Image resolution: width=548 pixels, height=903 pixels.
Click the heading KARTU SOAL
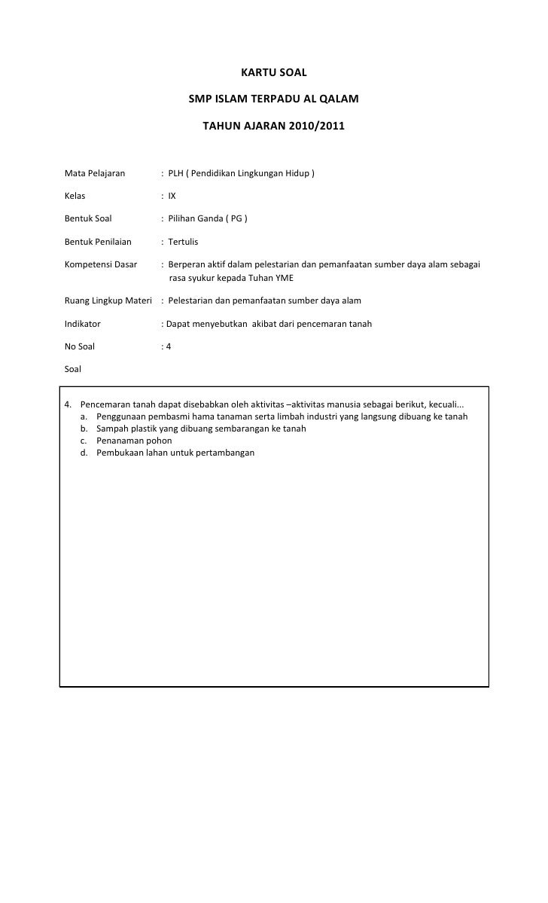pos(273,73)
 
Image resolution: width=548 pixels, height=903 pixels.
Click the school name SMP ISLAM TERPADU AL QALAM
pos(273,99)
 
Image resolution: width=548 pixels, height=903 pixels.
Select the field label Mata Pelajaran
pos(95,173)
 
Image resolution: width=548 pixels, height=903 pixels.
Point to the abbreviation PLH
pos(175,173)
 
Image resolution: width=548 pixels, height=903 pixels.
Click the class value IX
pos(172,196)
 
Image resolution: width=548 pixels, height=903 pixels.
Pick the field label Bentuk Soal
pos(88,218)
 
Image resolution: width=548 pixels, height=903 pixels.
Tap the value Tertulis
pos(183,242)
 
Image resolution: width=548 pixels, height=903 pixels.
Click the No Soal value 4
pos(169,346)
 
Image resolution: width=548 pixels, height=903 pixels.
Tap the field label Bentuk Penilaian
pos(98,242)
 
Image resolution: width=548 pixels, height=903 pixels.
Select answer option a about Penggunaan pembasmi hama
pos(282,416)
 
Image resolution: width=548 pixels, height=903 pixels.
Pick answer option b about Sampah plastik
pos(201,429)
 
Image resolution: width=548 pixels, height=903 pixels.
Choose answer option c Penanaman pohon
pos(134,441)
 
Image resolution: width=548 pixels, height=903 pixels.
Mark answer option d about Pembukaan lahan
pos(175,453)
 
